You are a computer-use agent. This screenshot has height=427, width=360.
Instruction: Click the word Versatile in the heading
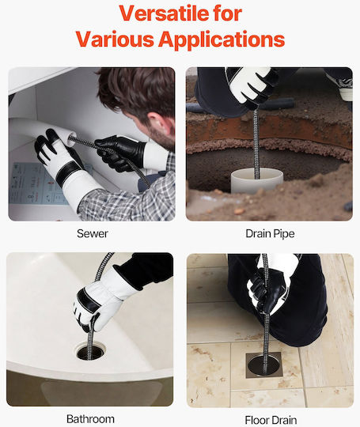click(x=164, y=13)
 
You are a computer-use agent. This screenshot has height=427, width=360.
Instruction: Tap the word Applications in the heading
click(x=222, y=40)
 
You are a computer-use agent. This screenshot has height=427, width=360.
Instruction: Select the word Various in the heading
click(x=115, y=39)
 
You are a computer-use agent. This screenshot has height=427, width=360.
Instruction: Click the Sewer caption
click(x=92, y=233)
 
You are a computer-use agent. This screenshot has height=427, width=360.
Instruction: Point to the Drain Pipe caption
click(x=270, y=234)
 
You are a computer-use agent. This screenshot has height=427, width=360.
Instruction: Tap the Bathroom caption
click(x=90, y=419)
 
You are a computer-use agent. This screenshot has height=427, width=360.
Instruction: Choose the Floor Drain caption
click(x=271, y=420)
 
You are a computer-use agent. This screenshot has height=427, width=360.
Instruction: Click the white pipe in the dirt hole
click(x=257, y=180)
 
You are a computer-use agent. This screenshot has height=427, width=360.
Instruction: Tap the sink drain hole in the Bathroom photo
click(x=90, y=353)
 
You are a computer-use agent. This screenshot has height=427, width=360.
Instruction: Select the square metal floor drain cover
click(x=263, y=365)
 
